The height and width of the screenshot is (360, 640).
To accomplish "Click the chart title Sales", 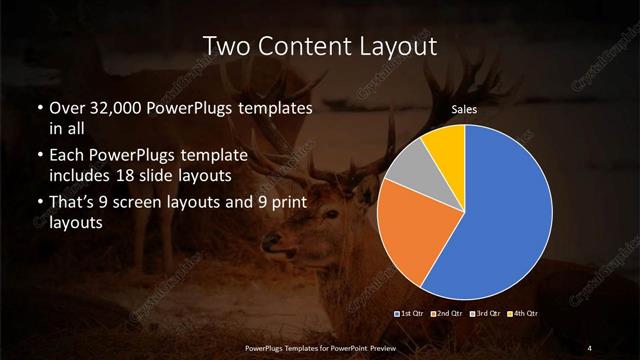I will coord(463,110).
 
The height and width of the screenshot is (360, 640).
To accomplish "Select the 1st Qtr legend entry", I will coord(410,313).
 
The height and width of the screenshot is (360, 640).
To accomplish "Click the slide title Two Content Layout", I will coord(320,46).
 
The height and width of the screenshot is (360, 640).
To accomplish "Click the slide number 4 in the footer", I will coord(590,347).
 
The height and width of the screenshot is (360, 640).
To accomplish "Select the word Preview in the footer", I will coord(377,347).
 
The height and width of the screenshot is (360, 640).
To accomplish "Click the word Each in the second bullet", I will coord(66,157).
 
